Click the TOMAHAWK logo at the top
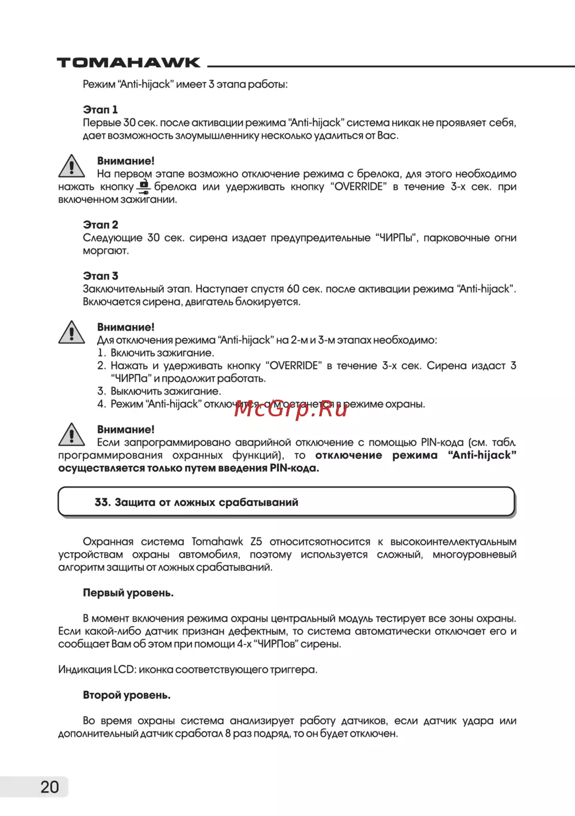tap(128, 63)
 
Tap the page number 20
tap(49, 787)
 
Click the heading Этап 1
tap(100, 109)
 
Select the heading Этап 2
tap(100, 224)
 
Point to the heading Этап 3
tap(100, 275)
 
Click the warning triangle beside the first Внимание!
tap(71, 166)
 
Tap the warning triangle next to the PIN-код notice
tap(71, 435)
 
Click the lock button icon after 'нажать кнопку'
tap(144, 186)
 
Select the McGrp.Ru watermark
tap(291, 408)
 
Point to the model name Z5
tap(256, 542)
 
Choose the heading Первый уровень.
tap(128, 592)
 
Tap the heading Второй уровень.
tap(126, 695)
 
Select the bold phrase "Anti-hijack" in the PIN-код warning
tap(482, 455)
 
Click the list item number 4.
tap(101, 404)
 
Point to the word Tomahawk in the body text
tap(217, 542)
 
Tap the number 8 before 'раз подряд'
tap(228, 733)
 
